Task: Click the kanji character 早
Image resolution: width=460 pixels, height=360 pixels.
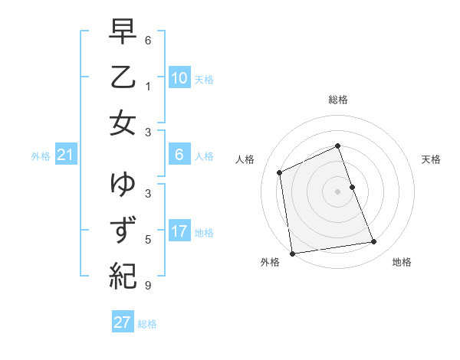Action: coord(123,33)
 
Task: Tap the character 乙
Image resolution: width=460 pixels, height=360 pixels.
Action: coord(123,77)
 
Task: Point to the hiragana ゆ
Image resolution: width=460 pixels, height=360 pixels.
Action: coord(123,185)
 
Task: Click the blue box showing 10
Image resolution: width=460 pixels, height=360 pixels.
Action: coord(179,78)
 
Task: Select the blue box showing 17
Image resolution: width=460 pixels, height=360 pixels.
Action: coord(179,231)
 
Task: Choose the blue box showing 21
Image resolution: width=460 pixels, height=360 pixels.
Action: coord(66,155)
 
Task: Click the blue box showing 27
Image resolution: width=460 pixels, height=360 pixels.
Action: coord(123,322)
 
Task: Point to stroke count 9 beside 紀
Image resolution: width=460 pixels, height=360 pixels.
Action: coord(147,286)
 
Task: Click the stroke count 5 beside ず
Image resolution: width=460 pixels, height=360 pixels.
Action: coord(147,240)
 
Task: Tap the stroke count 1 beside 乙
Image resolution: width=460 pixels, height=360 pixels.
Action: coord(147,86)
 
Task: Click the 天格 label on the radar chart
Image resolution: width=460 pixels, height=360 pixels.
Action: coord(431,159)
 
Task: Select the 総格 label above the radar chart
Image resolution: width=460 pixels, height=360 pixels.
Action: coord(338,100)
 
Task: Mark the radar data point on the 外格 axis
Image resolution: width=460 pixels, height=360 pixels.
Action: coord(292,253)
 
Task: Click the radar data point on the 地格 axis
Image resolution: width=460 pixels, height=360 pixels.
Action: coord(374,242)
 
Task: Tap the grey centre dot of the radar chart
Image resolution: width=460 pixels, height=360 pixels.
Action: coord(337,191)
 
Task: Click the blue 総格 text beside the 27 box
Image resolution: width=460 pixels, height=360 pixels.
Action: coord(147,324)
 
